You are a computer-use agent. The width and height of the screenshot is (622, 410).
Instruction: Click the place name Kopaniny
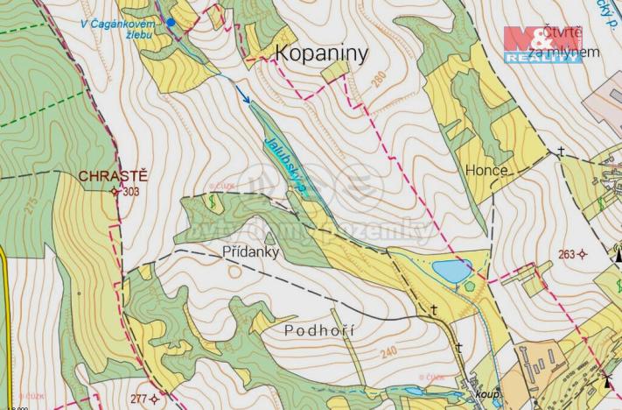[x=322, y=54]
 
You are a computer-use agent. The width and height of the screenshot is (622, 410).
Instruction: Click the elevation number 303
[x=132, y=191]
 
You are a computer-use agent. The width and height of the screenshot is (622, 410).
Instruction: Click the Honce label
[x=487, y=172]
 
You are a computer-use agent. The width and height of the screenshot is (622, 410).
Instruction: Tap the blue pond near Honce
[x=453, y=272]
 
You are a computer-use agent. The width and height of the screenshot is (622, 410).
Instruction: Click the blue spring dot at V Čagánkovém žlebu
[x=171, y=22]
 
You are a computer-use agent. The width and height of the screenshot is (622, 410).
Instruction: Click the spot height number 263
[x=567, y=254]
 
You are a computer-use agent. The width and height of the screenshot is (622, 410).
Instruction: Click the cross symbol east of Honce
[x=561, y=152]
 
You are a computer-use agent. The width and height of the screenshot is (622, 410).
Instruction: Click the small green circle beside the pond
[x=472, y=286]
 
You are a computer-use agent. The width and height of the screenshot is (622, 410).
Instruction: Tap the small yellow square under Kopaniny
[x=332, y=74]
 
